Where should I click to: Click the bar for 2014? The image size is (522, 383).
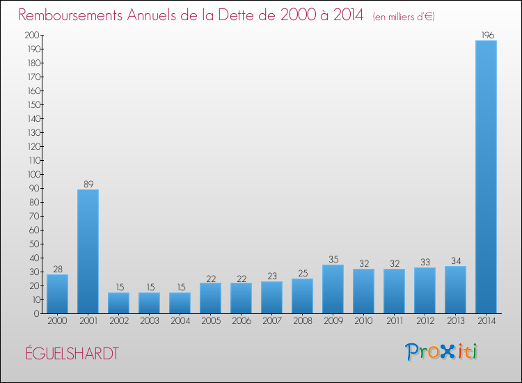486,177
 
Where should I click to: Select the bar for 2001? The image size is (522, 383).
88,251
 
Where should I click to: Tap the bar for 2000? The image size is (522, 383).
57,294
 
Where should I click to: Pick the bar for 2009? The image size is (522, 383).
333,289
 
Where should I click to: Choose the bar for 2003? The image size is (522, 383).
149,303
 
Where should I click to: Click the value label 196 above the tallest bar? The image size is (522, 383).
486,36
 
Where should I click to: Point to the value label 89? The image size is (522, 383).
88,185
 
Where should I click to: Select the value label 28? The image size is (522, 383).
57,269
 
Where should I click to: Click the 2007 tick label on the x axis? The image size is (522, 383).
271,321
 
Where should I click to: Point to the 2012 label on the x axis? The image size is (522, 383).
425,321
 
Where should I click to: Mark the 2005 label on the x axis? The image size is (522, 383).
210,321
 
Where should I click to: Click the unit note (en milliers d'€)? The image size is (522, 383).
404,16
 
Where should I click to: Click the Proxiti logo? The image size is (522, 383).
441,352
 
